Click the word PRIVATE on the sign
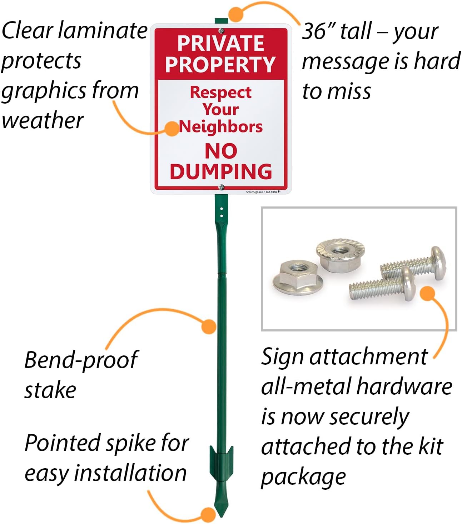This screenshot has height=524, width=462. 220,43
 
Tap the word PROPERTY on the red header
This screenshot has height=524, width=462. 220,64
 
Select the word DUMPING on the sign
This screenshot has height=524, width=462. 221,171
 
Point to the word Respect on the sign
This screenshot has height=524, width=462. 220,92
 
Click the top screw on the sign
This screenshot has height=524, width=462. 222,30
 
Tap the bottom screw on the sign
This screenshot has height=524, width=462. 222,186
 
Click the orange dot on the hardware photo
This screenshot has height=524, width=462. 427,293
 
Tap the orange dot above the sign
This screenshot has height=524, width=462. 236,14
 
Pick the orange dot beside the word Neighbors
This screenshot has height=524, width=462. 172,129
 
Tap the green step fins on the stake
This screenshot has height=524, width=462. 221,461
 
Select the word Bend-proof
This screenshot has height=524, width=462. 81,360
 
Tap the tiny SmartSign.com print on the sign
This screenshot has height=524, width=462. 255,192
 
